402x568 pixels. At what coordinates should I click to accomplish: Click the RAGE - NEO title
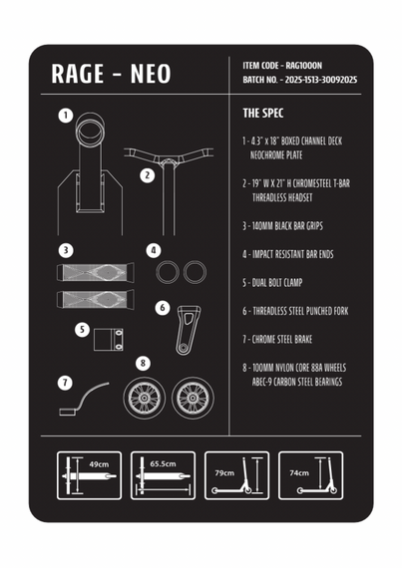click(x=111, y=74)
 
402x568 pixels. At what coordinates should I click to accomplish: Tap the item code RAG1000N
click(x=304, y=66)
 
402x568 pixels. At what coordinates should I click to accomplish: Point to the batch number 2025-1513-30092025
click(x=321, y=80)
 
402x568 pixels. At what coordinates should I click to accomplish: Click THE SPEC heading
click(x=263, y=113)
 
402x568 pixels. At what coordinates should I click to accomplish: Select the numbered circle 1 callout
click(x=66, y=116)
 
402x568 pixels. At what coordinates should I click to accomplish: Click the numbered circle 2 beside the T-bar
click(x=148, y=175)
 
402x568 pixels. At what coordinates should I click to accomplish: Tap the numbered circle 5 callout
click(x=82, y=330)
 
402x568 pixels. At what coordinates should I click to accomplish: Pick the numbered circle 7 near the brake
click(x=65, y=383)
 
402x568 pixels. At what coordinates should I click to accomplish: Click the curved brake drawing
click(x=84, y=398)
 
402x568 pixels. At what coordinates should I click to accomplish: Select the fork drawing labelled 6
click(x=188, y=330)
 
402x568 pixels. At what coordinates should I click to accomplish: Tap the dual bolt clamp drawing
click(x=109, y=340)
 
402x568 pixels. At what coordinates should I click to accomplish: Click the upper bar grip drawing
click(x=96, y=272)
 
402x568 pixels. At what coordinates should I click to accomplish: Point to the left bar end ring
click(x=168, y=272)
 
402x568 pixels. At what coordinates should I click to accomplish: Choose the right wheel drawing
click(x=193, y=399)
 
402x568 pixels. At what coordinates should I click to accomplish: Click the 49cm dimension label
click(x=99, y=464)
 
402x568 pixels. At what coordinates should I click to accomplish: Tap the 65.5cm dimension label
click(x=164, y=463)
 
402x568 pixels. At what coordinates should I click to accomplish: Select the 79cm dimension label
click(x=224, y=472)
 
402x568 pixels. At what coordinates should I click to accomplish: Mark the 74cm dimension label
click(x=299, y=472)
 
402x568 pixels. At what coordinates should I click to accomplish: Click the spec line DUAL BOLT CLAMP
click(x=272, y=283)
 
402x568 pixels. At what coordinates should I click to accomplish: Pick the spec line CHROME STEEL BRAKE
click(x=277, y=340)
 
